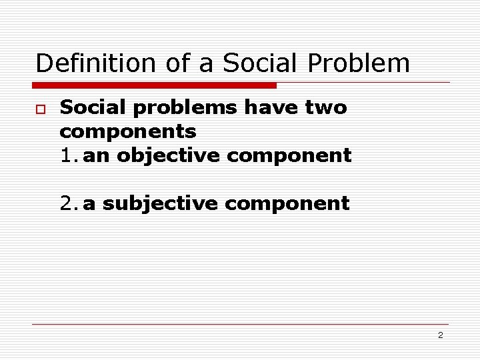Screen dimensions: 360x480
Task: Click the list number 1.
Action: (68, 156)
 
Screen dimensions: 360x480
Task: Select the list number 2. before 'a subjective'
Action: (68, 203)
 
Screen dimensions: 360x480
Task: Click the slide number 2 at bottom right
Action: (440, 335)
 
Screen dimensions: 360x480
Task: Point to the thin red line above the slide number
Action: (240, 325)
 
